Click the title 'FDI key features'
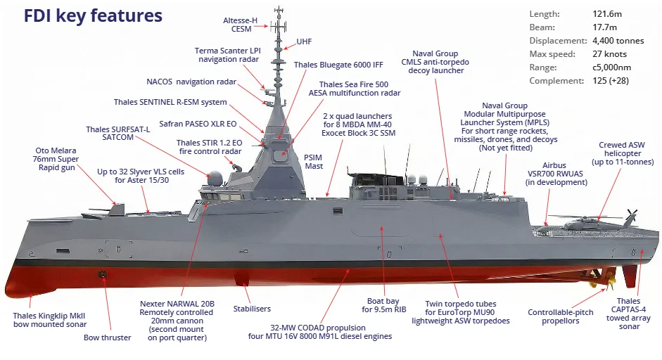93,16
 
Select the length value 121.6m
607,14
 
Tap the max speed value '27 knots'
610,54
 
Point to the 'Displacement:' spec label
558,41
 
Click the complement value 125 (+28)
611,81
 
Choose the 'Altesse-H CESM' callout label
240,25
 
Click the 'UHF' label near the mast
304,41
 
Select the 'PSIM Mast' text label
314,162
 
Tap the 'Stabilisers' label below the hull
252,309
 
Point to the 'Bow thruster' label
107,337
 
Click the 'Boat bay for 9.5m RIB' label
384,305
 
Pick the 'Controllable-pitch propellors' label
561,316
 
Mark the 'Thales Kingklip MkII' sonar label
49,316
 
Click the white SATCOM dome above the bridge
215,179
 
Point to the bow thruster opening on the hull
102,274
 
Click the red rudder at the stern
629,276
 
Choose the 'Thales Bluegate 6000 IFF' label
338,65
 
